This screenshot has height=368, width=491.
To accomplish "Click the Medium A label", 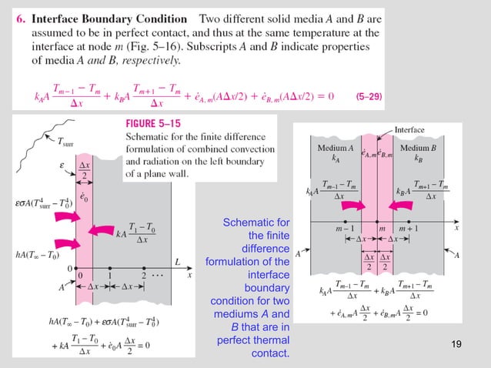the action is pos(336,147).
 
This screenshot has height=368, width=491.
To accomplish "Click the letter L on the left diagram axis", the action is pos(178,263).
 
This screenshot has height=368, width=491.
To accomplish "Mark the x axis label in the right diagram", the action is pos(456,228).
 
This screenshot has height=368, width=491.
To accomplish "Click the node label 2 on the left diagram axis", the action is pos(143,275).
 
